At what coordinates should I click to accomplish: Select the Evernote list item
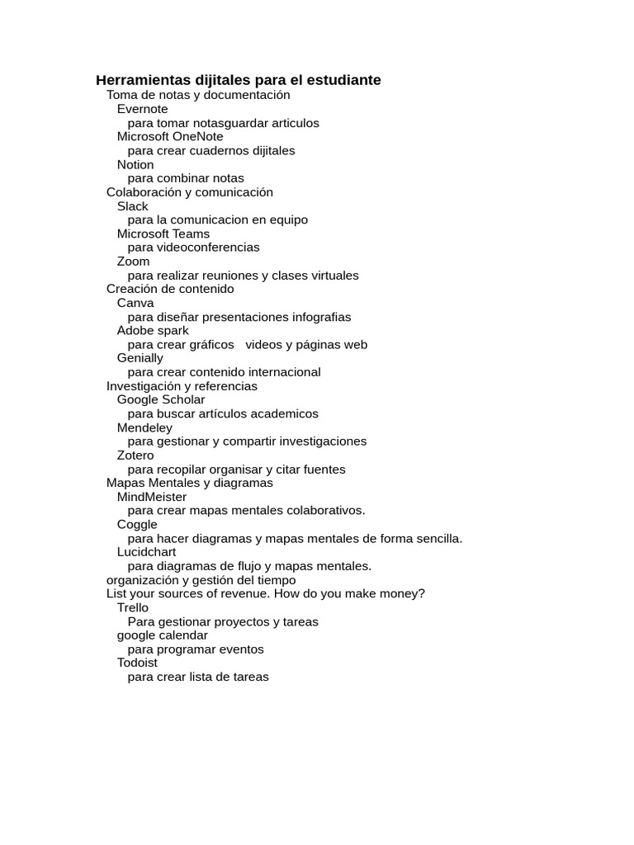click(x=142, y=109)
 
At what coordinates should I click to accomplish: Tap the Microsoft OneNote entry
click(x=170, y=136)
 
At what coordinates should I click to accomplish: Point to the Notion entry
click(x=135, y=164)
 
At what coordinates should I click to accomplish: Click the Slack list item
click(x=132, y=206)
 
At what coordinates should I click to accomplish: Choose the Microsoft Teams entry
click(x=163, y=234)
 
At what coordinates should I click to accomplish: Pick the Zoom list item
click(x=133, y=262)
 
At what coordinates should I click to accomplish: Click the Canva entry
click(x=135, y=303)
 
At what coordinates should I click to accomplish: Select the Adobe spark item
click(x=153, y=331)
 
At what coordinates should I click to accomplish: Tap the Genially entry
click(x=140, y=358)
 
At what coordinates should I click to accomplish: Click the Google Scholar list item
click(x=161, y=399)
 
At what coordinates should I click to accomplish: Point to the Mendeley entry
click(x=144, y=427)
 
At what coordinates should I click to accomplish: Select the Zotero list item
click(x=135, y=456)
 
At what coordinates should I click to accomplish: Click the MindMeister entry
click(x=152, y=497)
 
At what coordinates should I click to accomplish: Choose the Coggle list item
click(x=137, y=524)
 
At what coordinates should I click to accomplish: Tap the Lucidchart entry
click(x=146, y=552)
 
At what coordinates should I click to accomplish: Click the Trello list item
click(x=133, y=607)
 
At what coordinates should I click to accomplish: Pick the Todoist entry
click(x=137, y=663)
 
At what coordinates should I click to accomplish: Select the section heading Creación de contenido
click(x=170, y=289)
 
